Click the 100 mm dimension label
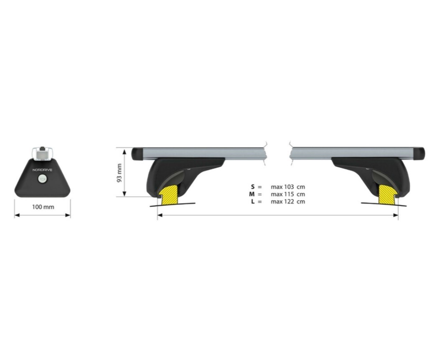pyautogui.click(x=43, y=207)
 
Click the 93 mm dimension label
pyautogui.click(x=119, y=173)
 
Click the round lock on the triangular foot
pyautogui.click(x=43, y=178)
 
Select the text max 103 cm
pyautogui.click(x=288, y=187)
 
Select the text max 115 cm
pyautogui.click(x=288, y=194)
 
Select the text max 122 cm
pyautogui.click(x=288, y=202)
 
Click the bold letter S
pyautogui.click(x=253, y=187)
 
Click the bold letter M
pyautogui.click(x=252, y=194)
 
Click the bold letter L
pyautogui.click(x=253, y=202)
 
